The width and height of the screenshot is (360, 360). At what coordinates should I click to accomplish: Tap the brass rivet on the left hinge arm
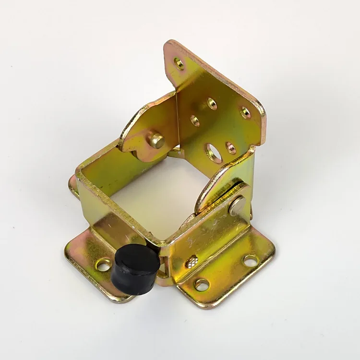[156, 140]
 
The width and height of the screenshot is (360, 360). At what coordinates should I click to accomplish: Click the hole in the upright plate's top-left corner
[180, 63]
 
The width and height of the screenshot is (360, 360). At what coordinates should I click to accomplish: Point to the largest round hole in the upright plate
[213, 152]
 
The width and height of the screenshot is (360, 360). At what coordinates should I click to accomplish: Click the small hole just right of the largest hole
[231, 148]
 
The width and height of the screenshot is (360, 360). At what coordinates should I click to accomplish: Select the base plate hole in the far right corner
[250, 261]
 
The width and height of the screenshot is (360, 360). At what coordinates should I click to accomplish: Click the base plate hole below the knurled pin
[202, 284]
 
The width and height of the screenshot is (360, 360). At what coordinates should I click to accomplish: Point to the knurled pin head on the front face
[192, 262]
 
